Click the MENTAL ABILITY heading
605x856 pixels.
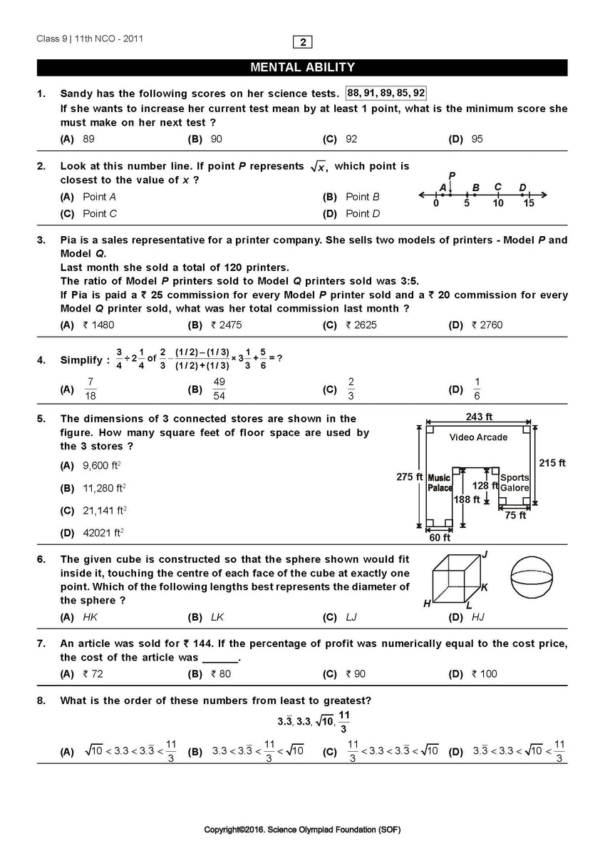coord(302,68)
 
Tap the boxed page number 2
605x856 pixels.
coord(303,42)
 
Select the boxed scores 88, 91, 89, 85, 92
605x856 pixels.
coord(386,93)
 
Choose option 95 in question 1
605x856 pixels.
coord(477,139)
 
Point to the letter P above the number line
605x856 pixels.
coord(452,175)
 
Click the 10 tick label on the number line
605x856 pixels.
coord(497,204)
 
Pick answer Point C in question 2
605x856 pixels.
coord(100,213)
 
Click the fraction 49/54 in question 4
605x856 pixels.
coord(219,389)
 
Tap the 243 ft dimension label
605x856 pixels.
coord(478,417)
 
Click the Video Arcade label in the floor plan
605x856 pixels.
coord(478,437)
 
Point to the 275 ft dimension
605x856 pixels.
coord(409,477)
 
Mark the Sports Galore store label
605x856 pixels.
coord(514,483)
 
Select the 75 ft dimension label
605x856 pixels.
coord(515,515)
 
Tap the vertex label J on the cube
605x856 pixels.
coord(485,554)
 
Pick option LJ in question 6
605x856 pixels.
coord(351,617)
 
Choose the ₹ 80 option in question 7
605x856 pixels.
coord(221,674)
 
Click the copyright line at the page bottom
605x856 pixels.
coord(302,830)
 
